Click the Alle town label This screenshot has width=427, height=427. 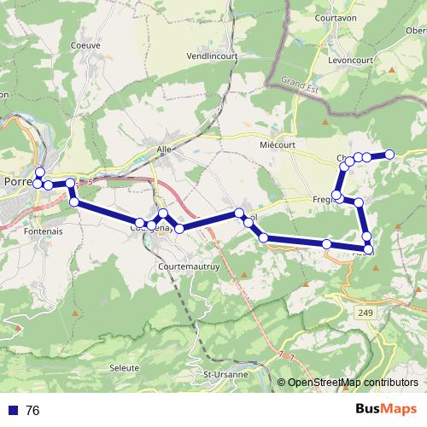coord(164,148)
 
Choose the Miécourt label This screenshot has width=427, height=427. coord(277,145)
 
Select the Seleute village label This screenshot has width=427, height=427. coord(125,368)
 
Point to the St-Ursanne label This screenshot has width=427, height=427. coord(225,374)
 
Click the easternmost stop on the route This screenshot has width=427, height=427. coord(389,154)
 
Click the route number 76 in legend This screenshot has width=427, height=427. coord(32,411)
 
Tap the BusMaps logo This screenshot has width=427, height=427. coord(385,411)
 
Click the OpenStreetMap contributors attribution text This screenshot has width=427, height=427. coord(353,382)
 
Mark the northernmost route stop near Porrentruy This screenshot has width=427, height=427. coord(39,172)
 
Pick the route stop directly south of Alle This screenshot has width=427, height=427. coord(162,213)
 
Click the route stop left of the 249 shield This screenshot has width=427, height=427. coord(327,244)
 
